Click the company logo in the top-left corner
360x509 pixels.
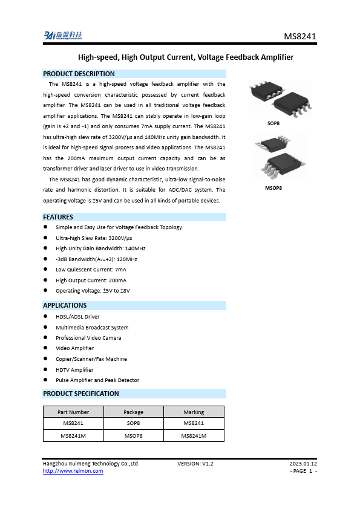click(62, 36)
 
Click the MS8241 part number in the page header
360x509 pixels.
click(300, 37)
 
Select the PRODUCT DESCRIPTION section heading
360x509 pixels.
click(79, 74)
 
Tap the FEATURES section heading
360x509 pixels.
click(58, 217)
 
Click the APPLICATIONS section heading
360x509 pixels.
click(65, 305)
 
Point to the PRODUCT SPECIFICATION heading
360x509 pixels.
click(81, 394)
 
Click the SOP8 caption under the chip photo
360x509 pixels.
click(273, 123)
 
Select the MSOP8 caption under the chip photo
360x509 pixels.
click(273, 188)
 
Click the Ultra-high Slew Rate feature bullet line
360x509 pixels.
click(94, 238)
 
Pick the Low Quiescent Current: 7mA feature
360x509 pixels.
click(91, 270)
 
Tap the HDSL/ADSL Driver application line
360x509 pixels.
click(77, 317)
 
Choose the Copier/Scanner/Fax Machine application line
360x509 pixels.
click(91, 359)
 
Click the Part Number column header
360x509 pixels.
click(73, 412)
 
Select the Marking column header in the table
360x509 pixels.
click(194, 412)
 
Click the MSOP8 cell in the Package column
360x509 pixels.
click(133, 435)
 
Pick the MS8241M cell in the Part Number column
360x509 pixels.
click(73, 435)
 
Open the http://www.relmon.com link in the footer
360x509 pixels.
click(73, 472)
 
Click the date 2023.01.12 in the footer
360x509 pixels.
click(303, 464)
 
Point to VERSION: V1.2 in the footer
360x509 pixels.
click(195, 464)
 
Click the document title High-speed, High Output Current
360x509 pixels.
click(186, 57)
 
